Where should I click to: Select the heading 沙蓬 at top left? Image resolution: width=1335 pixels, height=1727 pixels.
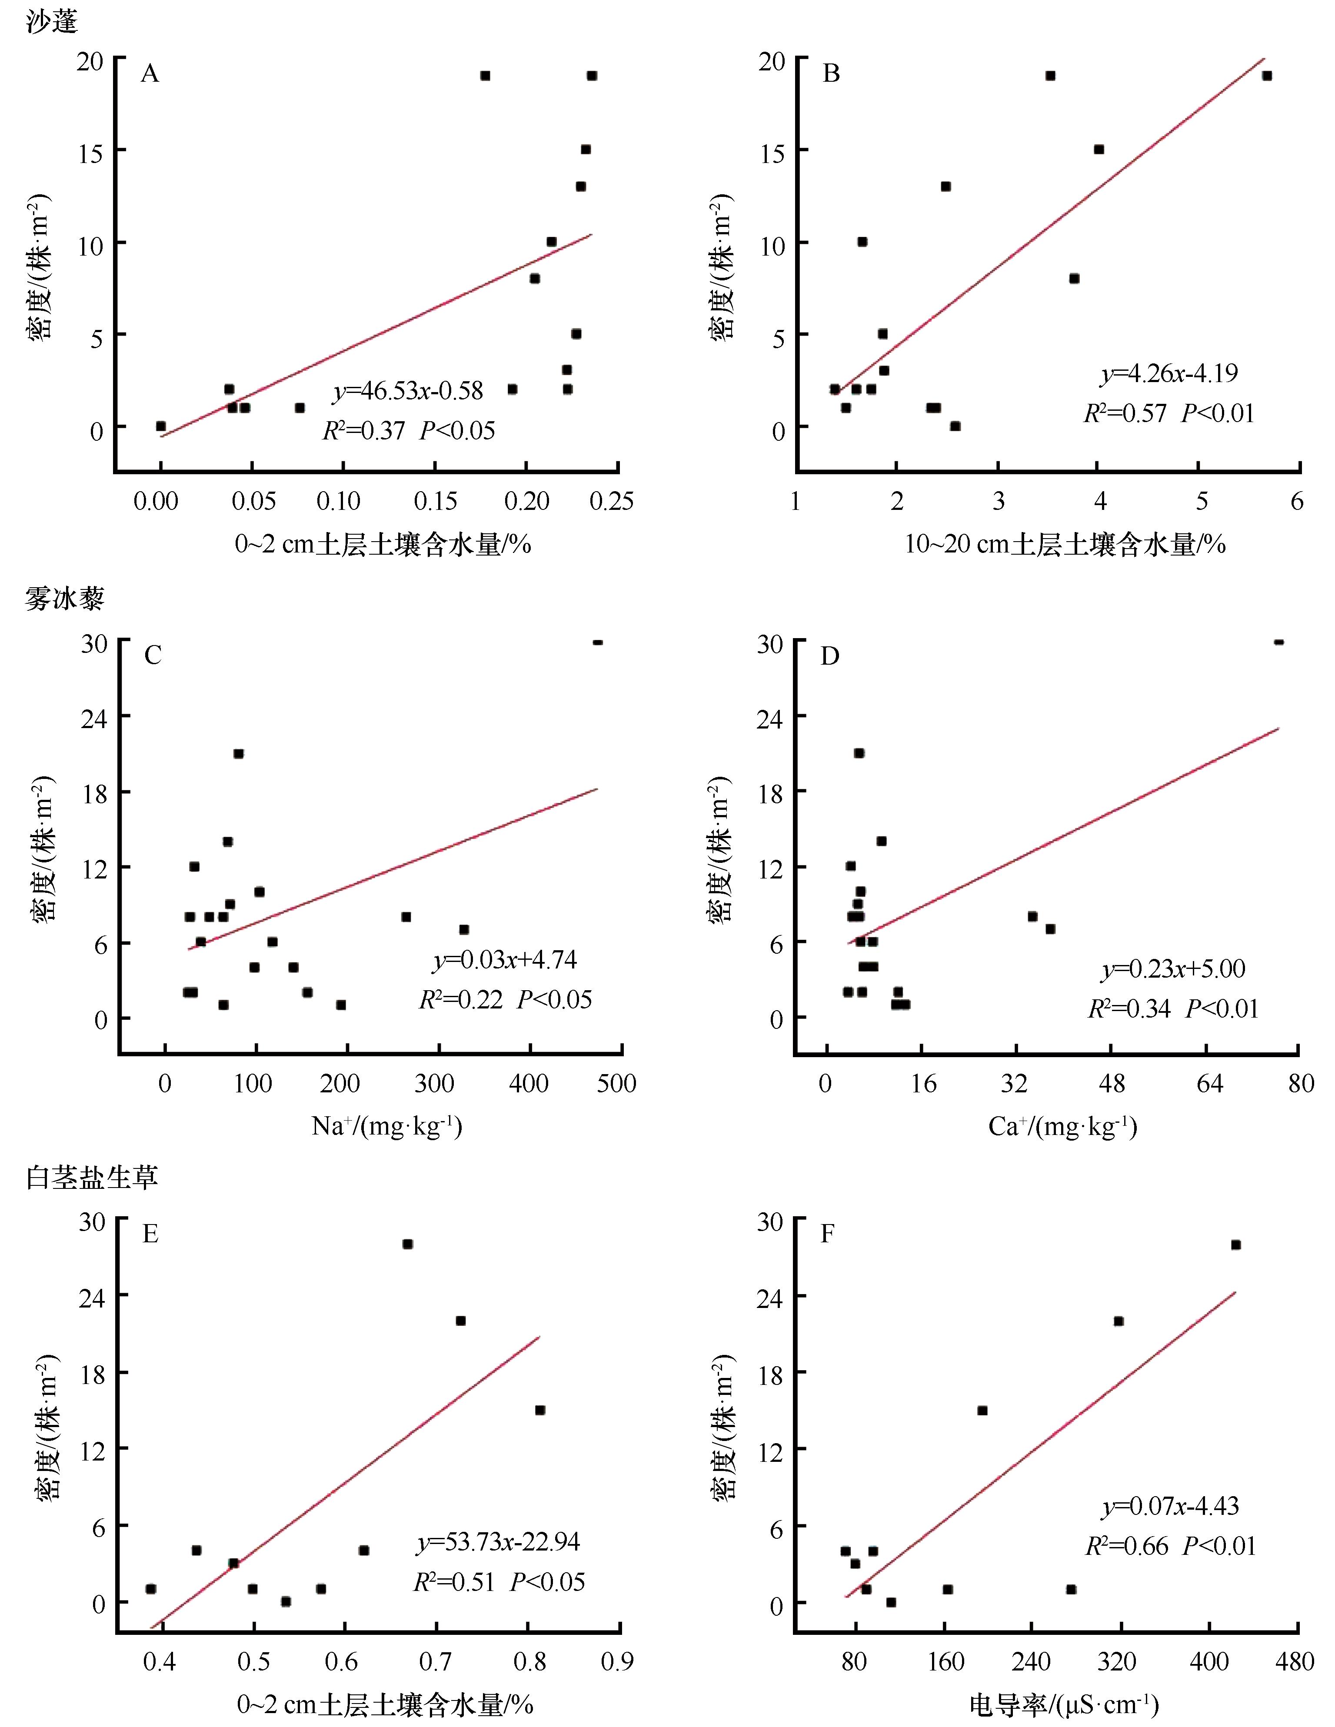coord(52,21)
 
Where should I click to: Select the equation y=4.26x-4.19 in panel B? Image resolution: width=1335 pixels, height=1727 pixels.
coord(1169,373)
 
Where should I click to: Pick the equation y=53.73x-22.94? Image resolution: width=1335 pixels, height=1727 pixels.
coord(498,1542)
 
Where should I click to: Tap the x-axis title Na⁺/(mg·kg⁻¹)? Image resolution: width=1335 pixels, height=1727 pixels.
coord(387,1125)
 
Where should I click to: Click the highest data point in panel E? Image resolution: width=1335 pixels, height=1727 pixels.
coord(407,1244)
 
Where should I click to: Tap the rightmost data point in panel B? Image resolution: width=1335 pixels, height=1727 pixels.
coord(1266,76)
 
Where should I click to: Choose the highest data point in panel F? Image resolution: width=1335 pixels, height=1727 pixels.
coord(1235,1245)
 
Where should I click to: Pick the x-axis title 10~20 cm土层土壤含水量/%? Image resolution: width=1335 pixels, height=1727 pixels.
coord(1065,544)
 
